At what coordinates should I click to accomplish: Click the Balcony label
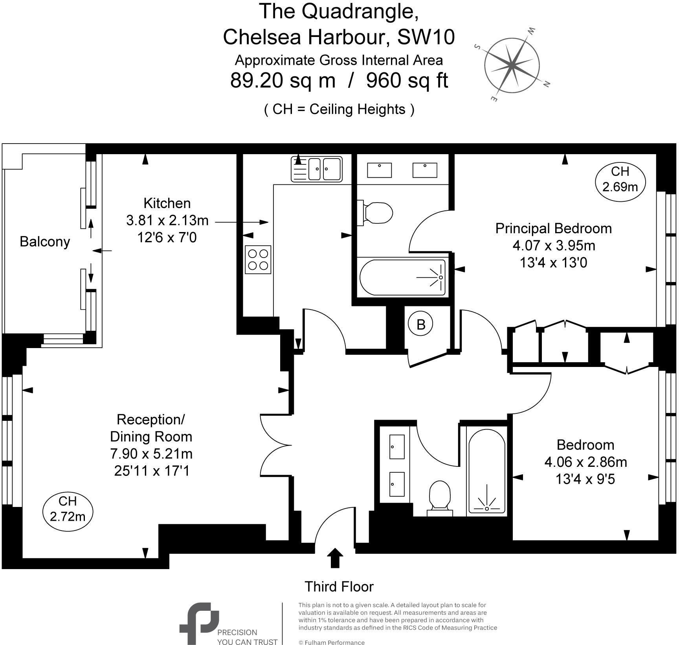(45, 241)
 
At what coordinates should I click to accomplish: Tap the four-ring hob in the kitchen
(258, 260)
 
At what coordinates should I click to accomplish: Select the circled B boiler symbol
(421, 324)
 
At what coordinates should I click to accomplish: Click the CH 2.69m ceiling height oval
(620, 179)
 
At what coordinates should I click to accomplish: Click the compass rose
(512, 64)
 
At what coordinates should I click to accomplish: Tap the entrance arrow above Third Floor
(335, 557)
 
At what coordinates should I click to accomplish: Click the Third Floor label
(339, 586)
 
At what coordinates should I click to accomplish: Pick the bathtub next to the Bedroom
(487, 471)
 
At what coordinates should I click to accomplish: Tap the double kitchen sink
(317, 169)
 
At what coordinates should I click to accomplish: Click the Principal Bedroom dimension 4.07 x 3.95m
(553, 245)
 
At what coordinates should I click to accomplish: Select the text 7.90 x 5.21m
(151, 453)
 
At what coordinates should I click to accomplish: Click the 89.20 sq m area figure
(283, 80)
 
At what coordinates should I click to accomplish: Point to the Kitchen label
(167, 203)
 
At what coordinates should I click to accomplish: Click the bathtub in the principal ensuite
(403, 277)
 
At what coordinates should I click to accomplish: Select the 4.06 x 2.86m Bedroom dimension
(585, 462)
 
